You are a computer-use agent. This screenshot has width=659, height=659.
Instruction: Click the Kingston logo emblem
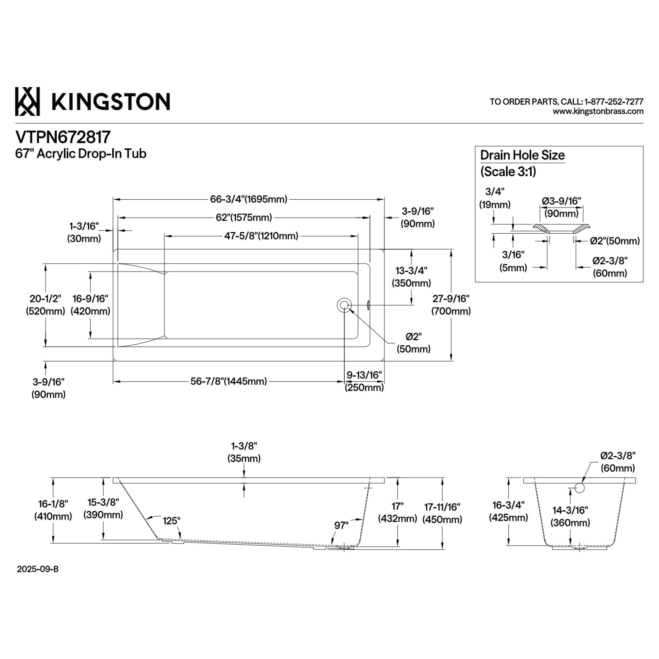[27, 101]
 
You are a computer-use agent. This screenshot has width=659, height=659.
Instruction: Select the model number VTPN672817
[63, 137]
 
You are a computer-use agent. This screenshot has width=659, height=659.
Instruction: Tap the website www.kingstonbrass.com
[598, 111]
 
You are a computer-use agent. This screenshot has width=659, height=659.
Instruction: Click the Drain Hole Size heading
[522, 155]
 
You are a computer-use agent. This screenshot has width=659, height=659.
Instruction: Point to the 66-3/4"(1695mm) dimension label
[249, 199]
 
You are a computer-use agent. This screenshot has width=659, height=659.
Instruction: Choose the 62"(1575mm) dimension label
[244, 217]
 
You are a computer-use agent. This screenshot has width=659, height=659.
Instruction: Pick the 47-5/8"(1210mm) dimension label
[261, 236]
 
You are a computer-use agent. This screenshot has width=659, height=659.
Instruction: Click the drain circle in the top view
[344, 305]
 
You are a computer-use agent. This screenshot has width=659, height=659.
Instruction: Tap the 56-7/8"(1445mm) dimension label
[229, 381]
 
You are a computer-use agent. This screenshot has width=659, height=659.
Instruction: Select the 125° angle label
[171, 521]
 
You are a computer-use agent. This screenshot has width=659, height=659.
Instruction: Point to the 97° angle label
[341, 525]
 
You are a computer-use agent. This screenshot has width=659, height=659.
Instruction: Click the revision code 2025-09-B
[38, 569]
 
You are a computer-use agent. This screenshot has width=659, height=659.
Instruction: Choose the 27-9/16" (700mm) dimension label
[451, 304]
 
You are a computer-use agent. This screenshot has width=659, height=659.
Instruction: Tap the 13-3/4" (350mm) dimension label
[411, 277]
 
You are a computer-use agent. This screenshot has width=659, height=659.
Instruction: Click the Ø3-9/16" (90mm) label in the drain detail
[561, 207]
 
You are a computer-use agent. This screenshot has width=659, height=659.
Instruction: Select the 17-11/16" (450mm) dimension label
[443, 513]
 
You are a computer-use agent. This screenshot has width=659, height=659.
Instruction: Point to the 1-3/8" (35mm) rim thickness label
[244, 452]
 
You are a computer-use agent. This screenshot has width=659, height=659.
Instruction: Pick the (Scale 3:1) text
[508, 172]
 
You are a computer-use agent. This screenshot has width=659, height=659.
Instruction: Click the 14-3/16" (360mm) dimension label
[570, 516]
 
